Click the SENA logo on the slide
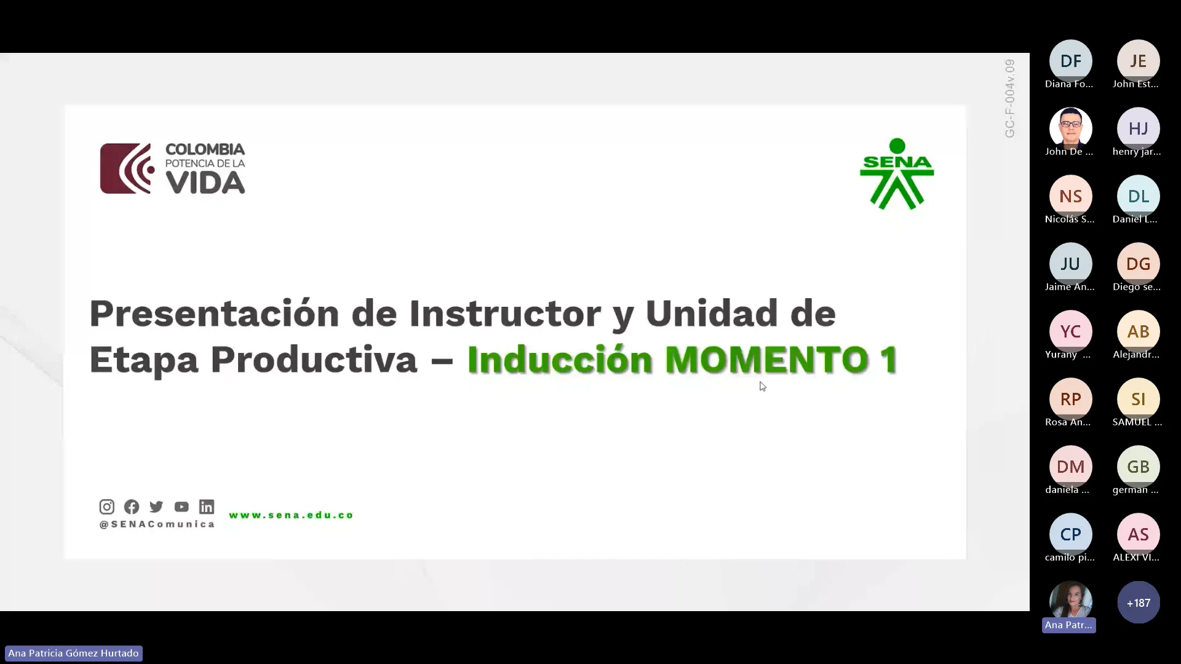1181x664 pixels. (x=897, y=174)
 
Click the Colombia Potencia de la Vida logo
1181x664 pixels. (x=173, y=168)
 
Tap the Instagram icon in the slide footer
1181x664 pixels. (x=106, y=507)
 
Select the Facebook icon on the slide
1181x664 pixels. (x=132, y=507)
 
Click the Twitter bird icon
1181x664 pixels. (x=156, y=507)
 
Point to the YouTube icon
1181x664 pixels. (x=181, y=507)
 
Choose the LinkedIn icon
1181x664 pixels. (x=207, y=507)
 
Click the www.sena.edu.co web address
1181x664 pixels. (x=291, y=515)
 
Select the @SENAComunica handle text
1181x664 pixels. (x=157, y=524)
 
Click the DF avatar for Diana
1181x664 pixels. (x=1070, y=61)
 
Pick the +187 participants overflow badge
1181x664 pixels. (x=1138, y=603)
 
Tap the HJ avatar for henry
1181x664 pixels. (x=1138, y=128)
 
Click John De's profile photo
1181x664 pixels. (x=1070, y=128)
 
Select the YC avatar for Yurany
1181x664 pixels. (x=1070, y=331)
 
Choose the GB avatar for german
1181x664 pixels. (x=1138, y=467)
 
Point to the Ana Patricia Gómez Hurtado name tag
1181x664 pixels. (x=73, y=653)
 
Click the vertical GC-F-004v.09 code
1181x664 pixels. (x=1009, y=98)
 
